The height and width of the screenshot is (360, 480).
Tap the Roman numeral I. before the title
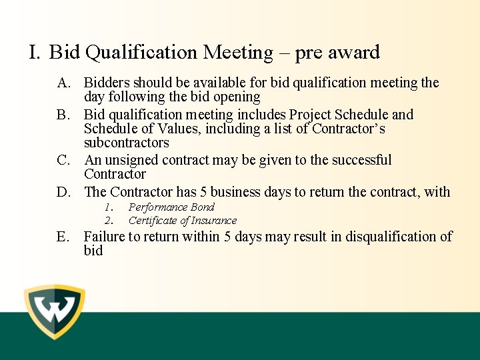click(x=35, y=52)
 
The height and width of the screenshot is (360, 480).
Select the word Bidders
click(x=107, y=83)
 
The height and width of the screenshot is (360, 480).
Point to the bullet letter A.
click(x=64, y=83)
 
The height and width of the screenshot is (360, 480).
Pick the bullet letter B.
click(x=64, y=115)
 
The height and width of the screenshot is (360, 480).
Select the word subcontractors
click(x=126, y=143)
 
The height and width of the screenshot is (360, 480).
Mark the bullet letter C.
click(x=64, y=160)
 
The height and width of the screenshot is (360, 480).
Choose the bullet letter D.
click(x=64, y=192)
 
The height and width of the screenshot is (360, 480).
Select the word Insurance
click(x=213, y=221)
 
